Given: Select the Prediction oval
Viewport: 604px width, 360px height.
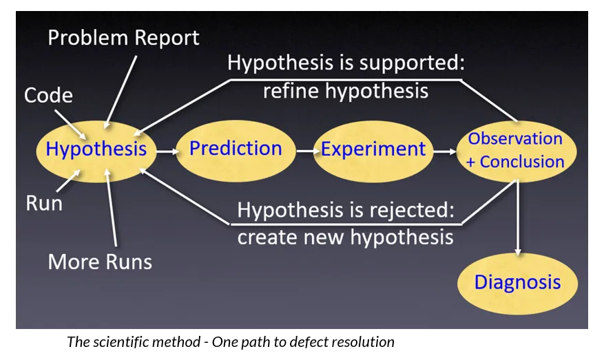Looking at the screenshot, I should [236, 149].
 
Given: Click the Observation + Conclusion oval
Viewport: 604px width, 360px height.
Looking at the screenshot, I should [515, 150].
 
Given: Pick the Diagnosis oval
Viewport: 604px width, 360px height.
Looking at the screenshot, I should [517, 282].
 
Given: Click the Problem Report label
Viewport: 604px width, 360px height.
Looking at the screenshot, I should [123, 37].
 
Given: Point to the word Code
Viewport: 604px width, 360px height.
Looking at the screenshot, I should [48, 95].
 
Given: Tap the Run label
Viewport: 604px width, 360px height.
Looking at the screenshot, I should [44, 203].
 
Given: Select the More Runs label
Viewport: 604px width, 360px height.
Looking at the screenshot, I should [100, 262].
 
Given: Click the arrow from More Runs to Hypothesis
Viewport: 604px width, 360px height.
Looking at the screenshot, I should [112, 213].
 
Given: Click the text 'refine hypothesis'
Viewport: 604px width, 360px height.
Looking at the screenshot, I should [346, 91].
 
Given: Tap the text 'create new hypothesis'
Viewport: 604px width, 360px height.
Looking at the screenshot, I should [345, 237].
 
